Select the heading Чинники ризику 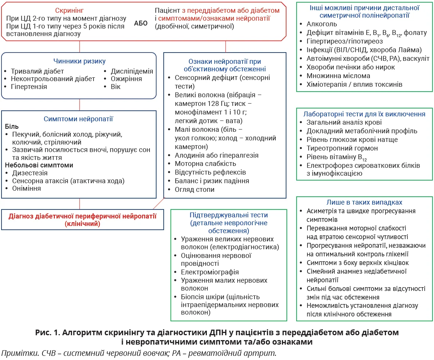click(x=79, y=61)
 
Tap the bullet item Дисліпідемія click(x=132, y=71)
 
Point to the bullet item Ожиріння click(x=126, y=79)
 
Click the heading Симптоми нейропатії click(x=78, y=119)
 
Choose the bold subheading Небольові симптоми click(x=39, y=165)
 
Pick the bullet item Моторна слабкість click(x=205, y=164)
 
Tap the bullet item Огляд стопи click(x=194, y=190)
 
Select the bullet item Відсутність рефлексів click(x=210, y=172)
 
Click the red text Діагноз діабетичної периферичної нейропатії click(x=82, y=216)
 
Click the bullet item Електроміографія click(x=210, y=272)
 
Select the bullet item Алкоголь click(x=322, y=24)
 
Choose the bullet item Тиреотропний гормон click(x=337, y=148)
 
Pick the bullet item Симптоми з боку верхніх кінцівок click(x=357, y=263)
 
